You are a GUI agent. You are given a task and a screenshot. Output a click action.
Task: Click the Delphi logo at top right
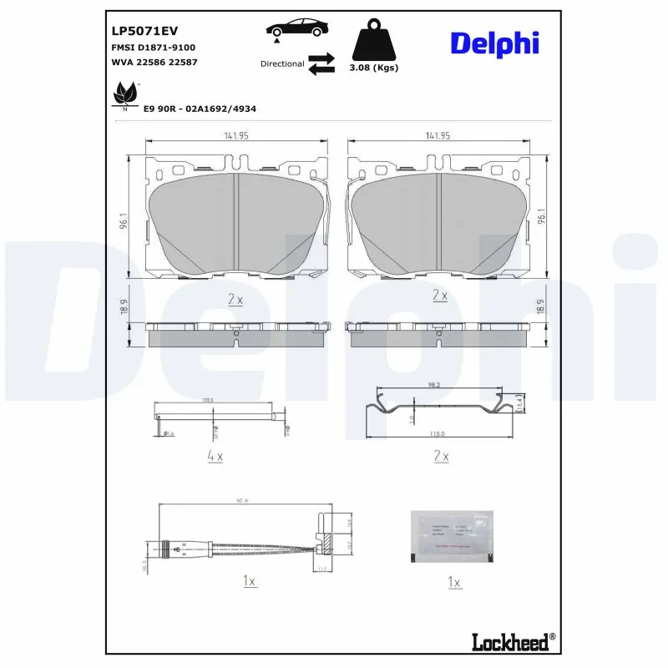click(494, 44)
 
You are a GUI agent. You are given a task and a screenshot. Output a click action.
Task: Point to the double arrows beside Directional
click(321, 64)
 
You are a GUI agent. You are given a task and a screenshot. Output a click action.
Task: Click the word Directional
click(282, 63)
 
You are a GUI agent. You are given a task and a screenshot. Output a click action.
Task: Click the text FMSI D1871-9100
click(153, 48)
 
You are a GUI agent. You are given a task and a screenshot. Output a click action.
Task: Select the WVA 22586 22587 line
click(154, 62)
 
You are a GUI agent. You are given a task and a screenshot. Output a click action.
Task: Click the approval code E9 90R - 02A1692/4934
click(200, 109)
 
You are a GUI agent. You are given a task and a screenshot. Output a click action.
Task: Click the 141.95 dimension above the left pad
click(237, 135)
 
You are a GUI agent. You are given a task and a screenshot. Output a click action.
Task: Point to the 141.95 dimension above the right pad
click(438, 135)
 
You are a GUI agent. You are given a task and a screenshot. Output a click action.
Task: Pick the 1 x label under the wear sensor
click(250, 581)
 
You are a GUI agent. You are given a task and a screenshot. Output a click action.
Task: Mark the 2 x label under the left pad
click(235, 298)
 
